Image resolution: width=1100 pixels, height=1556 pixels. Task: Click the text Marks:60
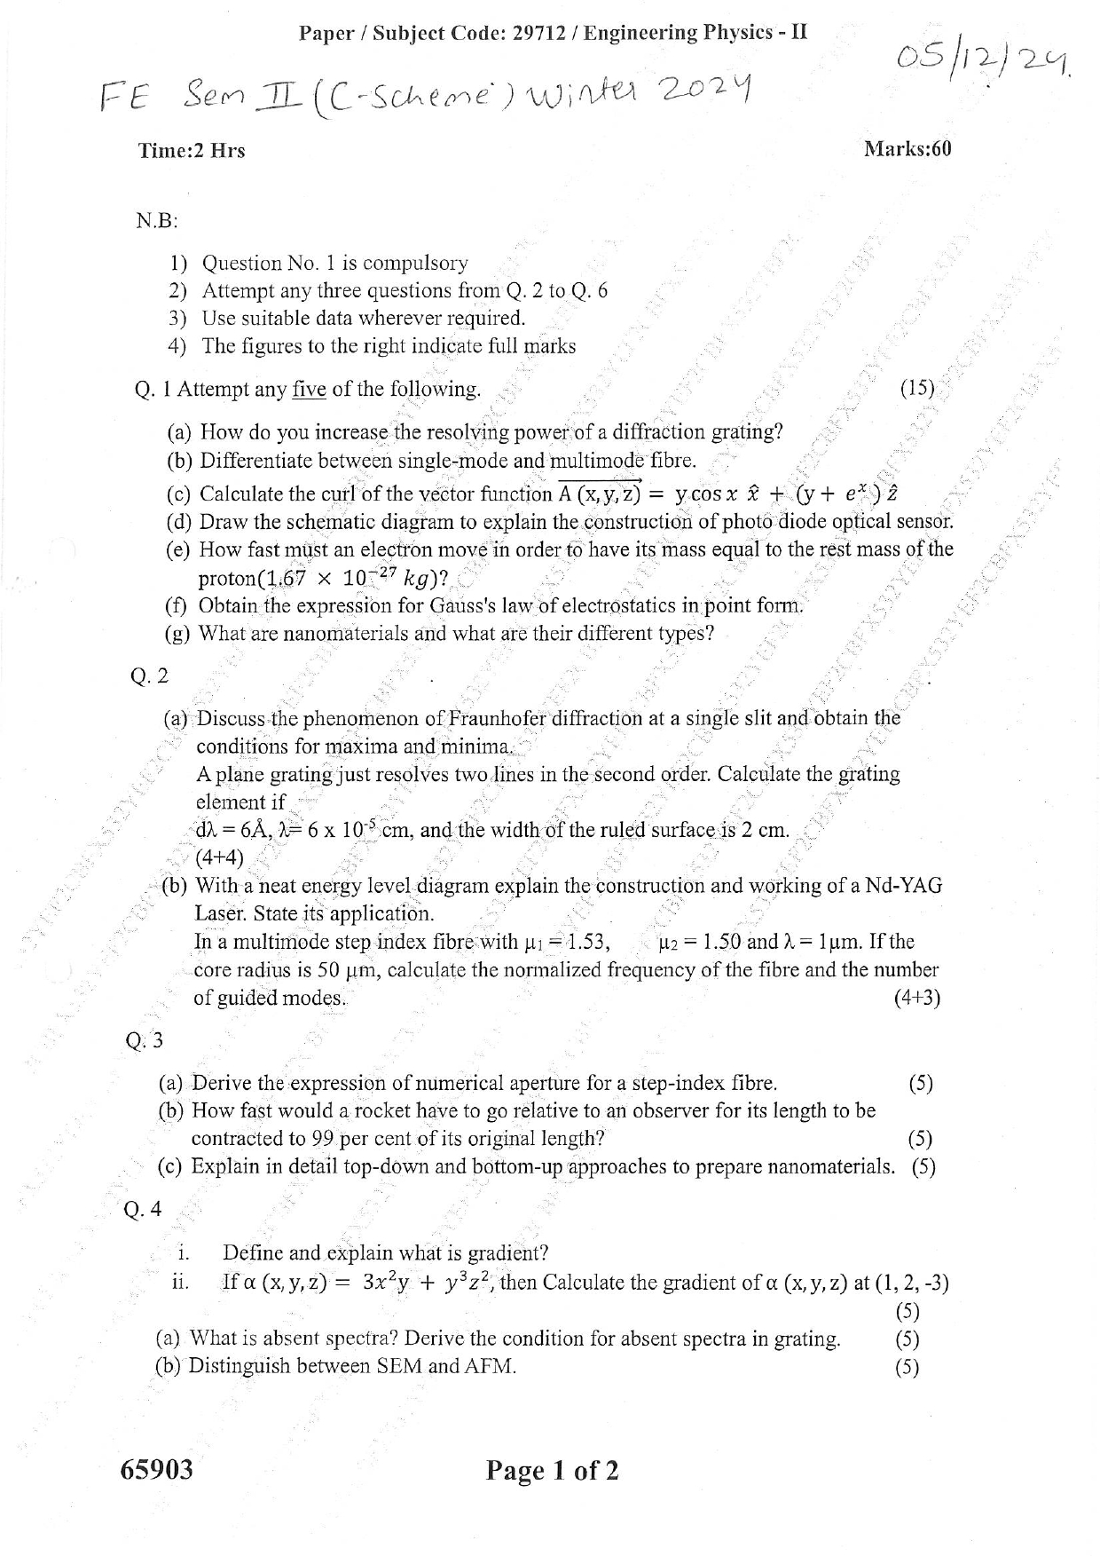pyautogui.click(x=907, y=148)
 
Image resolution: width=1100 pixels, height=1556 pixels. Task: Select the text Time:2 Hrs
pyautogui.click(x=192, y=151)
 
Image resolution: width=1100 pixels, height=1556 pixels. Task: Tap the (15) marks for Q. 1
pyautogui.click(x=917, y=388)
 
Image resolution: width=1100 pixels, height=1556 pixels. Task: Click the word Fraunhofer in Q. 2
pyautogui.click(x=503, y=717)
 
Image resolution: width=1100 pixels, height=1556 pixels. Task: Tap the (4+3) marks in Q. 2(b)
pyautogui.click(x=916, y=998)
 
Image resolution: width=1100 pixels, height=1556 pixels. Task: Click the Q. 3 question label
pyautogui.click(x=145, y=1040)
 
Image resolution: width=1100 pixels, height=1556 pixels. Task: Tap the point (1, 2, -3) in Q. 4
pyautogui.click(x=912, y=1283)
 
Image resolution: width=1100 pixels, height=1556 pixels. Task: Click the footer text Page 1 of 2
pyautogui.click(x=552, y=1471)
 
